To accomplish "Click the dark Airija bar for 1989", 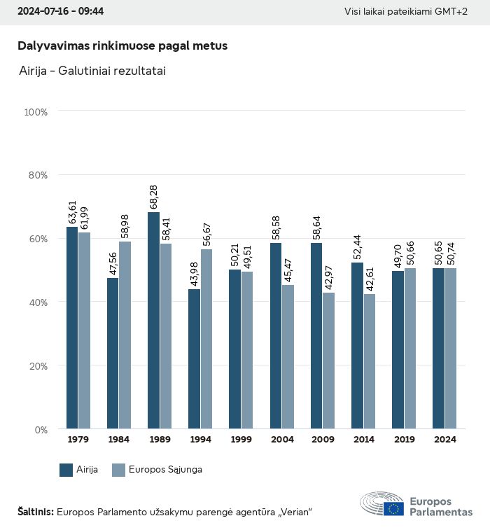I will tap(153, 320).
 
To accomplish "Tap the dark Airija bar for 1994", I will tap(194, 358).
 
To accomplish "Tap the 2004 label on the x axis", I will tap(282, 440).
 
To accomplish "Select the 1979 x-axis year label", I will tap(78, 440).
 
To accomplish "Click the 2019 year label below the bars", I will tap(404, 440).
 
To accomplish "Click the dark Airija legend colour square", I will tap(66, 470).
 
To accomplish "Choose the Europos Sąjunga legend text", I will tap(165, 470).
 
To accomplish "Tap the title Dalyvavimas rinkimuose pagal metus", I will tap(122, 46).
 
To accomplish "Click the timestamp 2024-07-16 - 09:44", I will tap(56, 12).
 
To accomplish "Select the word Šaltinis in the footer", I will tap(35, 512).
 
